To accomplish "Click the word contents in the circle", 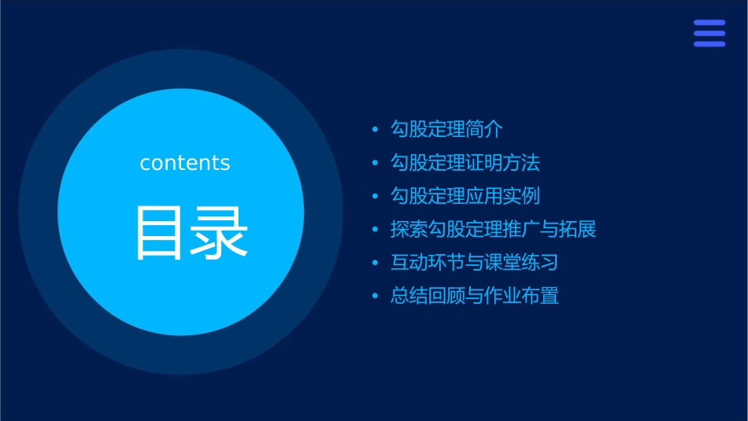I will [x=185, y=163].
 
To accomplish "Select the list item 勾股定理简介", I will [x=446, y=129].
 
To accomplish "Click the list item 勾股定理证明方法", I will [x=465, y=163].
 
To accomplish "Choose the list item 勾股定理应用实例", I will [x=465, y=196].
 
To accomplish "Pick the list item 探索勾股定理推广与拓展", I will [x=494, y=230].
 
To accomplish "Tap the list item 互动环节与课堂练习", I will [x=475, y=263].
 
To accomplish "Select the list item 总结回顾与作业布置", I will [x=475, y=297].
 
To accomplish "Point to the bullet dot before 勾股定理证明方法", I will [x=376, y=164].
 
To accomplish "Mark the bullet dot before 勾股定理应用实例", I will [x=376, y=197].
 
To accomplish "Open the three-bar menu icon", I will [x=709, y=33].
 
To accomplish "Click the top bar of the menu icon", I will [x=709, y=23].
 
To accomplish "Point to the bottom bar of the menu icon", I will [x=709, y=44].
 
